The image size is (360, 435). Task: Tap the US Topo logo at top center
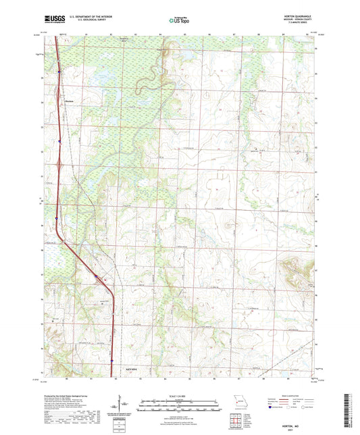[x=179, y=20]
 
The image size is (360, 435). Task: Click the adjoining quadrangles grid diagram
[x=235, y=419]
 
